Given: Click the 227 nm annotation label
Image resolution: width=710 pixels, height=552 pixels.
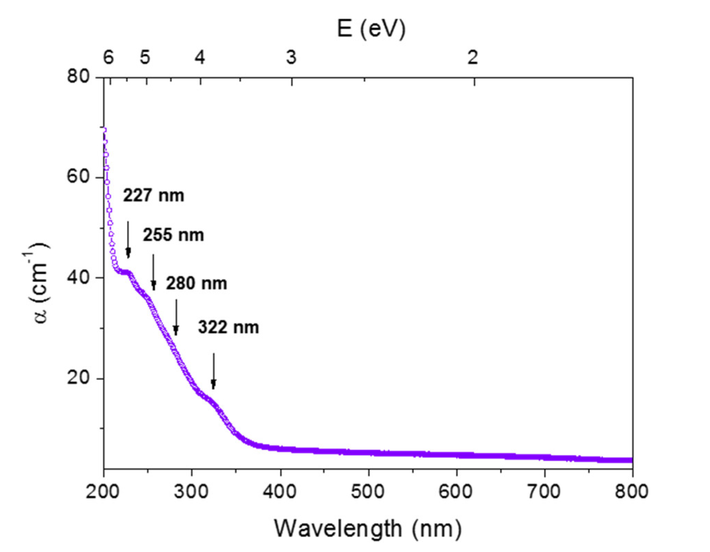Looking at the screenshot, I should [154, 196].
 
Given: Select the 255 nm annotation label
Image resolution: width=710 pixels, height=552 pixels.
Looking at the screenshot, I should [173, 235].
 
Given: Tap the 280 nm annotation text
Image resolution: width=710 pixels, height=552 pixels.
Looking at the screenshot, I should [196, 284].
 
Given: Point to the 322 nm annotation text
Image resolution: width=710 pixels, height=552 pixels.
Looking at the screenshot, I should [228, 327].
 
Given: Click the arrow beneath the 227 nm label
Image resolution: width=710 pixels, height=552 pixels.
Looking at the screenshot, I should [128, 239].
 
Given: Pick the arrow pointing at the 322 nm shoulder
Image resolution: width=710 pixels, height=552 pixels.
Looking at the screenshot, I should [214, 371].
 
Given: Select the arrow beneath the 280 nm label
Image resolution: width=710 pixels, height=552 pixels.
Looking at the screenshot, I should [176, 317].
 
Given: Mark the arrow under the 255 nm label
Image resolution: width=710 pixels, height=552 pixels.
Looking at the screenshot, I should [154, 272].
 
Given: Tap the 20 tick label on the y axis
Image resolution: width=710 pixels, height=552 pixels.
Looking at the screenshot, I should [78, 378].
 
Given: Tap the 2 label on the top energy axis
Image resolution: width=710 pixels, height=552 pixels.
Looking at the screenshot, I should [473, 57].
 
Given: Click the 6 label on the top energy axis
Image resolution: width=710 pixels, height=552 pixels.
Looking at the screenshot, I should [109, 57].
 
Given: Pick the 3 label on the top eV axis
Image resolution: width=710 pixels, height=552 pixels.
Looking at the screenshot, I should [291, 57].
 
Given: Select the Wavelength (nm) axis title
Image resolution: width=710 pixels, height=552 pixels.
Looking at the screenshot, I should [368, 529].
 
